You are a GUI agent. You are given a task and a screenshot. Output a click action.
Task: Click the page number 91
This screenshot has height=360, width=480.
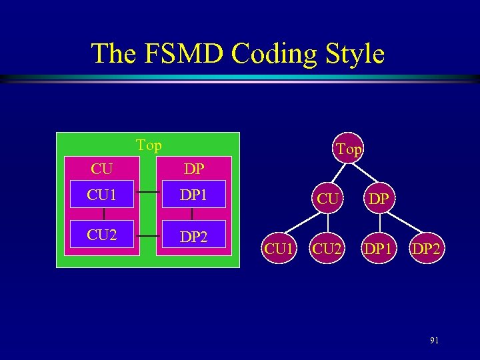(434, 341)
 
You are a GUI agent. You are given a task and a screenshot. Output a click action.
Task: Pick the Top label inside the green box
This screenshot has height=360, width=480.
(149, 145)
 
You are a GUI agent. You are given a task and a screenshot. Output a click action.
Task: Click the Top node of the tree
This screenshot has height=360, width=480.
(349, 149)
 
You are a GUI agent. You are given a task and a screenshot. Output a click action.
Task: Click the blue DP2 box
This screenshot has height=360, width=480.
(193, 236)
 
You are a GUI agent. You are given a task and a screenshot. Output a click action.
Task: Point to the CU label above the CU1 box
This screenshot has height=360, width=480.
(101, 169)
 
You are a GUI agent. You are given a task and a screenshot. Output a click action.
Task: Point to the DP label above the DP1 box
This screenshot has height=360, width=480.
(194, 169)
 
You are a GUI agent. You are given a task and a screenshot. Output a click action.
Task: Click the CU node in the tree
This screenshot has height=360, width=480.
(327, 199)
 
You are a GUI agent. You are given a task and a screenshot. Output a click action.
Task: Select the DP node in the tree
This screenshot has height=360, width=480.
(379, 199)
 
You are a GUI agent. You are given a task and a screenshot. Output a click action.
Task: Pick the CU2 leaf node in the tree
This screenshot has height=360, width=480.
(327, 249)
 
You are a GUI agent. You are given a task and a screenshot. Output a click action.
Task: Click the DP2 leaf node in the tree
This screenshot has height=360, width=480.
(427, 249)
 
